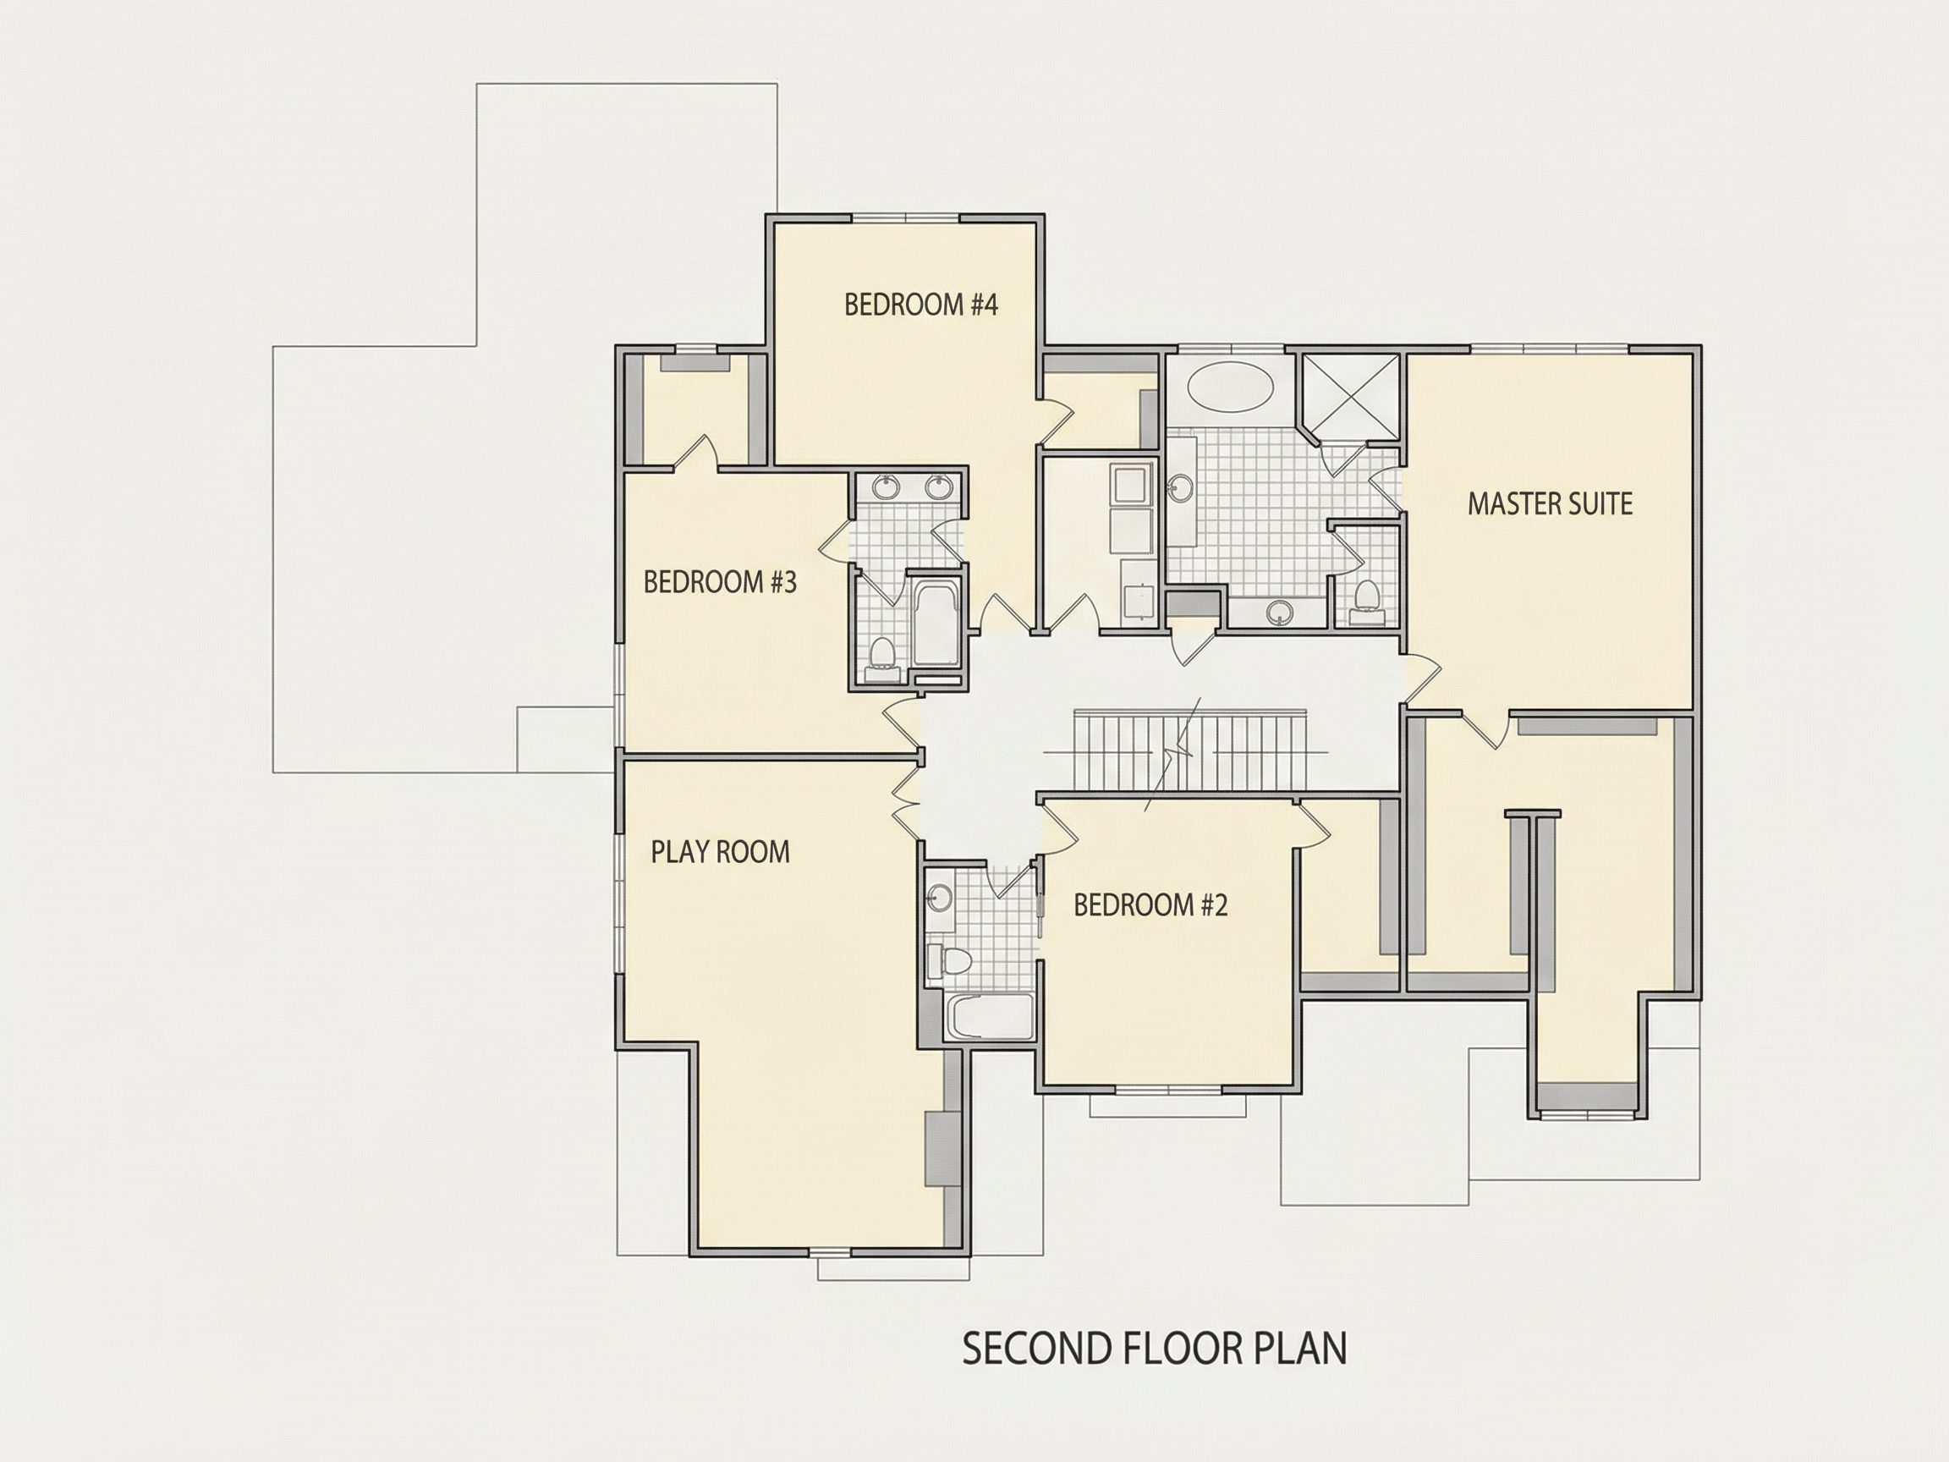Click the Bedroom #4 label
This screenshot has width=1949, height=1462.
[920, 305]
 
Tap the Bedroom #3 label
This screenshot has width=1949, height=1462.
[720, 582]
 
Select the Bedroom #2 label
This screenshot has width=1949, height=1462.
[1150, 905]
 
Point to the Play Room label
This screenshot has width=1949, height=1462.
[720, 851]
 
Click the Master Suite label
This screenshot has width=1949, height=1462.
[1550, 504]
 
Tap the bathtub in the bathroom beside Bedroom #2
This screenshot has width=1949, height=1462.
[989, 1016]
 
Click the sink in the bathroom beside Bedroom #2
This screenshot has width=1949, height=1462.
[939, 897]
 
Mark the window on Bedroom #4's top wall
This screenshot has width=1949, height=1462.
[906, 217]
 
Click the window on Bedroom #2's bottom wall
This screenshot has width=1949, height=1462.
[1168, 1089]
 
